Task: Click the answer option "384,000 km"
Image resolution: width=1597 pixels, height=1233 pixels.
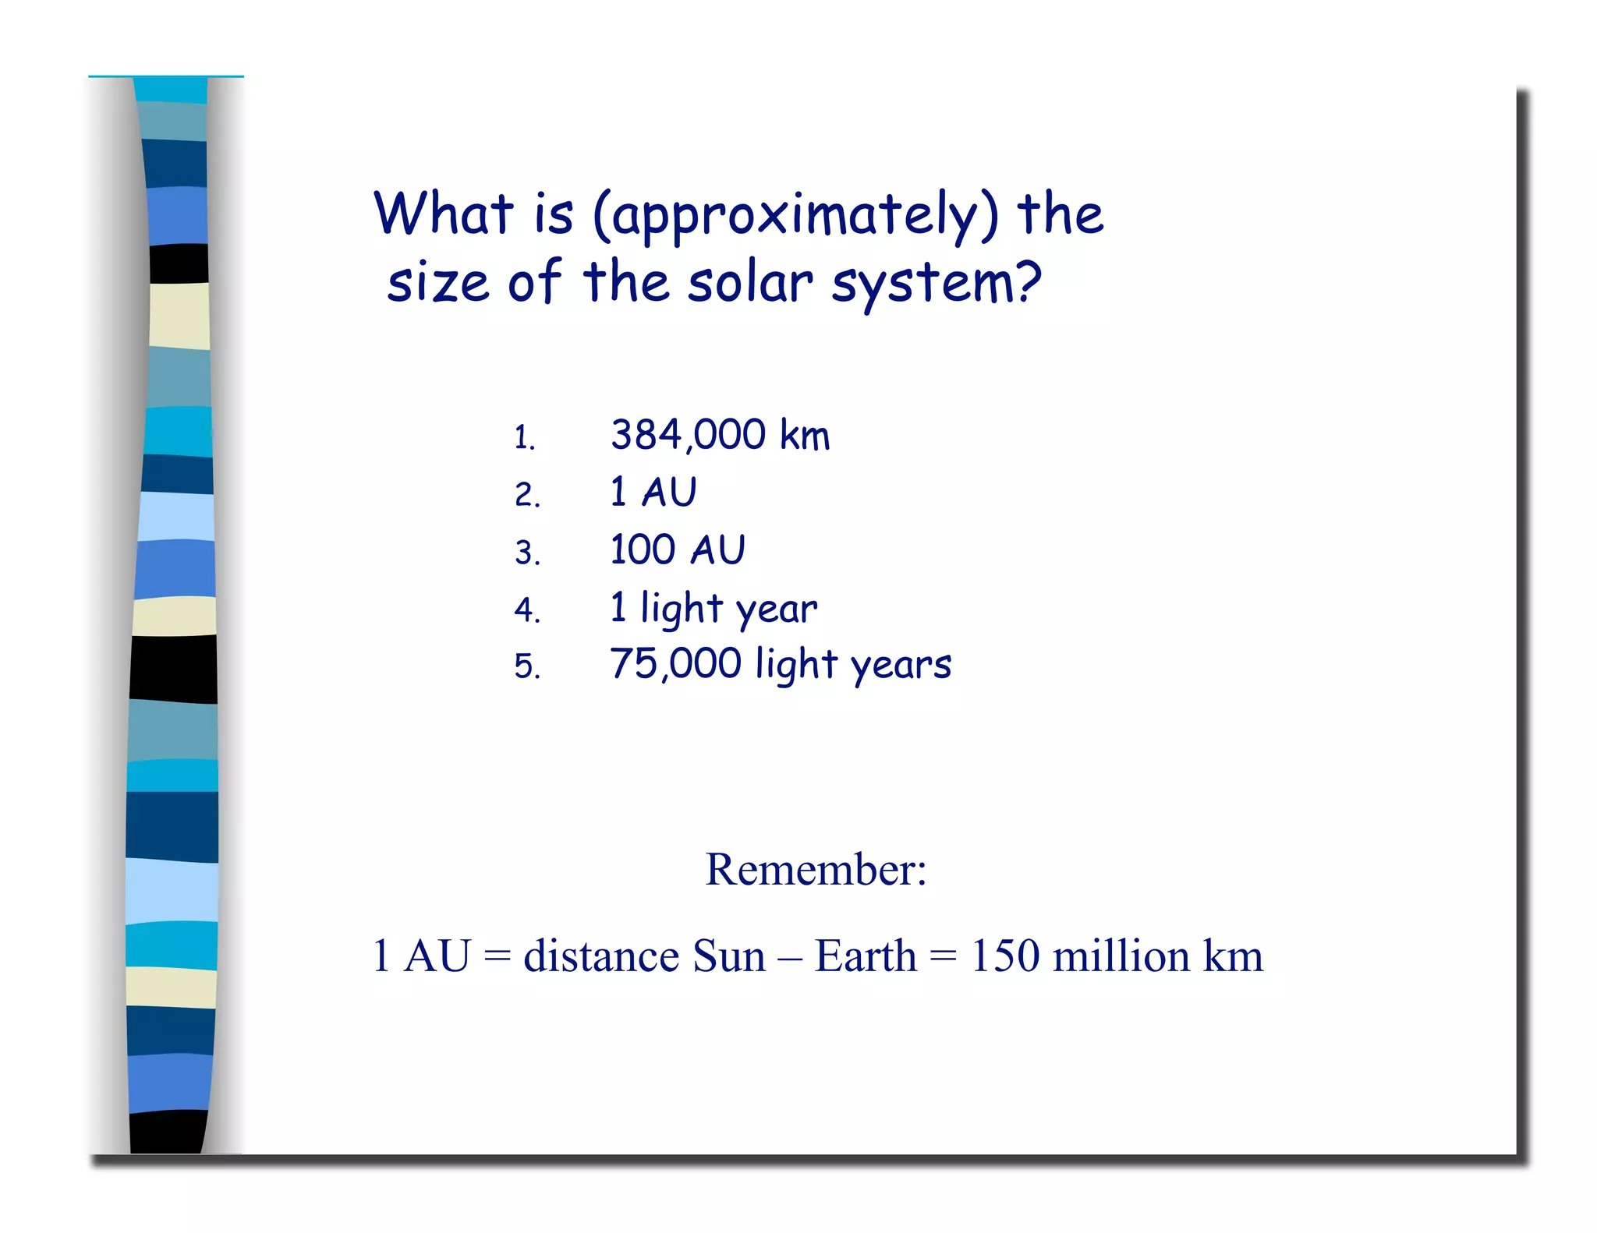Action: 720,435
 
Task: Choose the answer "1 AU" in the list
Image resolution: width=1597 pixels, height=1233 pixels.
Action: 653,493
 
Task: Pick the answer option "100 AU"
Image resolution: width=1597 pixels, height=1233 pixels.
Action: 678,550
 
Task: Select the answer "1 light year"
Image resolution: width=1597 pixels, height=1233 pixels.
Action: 714,608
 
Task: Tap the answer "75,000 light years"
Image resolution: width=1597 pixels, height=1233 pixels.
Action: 781,665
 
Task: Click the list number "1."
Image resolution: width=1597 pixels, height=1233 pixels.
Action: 525,438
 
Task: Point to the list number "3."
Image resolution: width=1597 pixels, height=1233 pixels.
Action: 527,553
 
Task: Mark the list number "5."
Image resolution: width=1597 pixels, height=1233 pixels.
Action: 527,667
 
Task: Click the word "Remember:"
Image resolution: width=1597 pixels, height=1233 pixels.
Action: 816,870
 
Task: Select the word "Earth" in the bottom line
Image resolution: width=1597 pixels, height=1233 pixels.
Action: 866,956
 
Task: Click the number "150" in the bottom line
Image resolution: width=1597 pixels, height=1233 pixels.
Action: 1005,956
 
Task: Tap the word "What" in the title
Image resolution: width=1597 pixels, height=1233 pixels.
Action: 444,214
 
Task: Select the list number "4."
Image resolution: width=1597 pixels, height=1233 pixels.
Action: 527,610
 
